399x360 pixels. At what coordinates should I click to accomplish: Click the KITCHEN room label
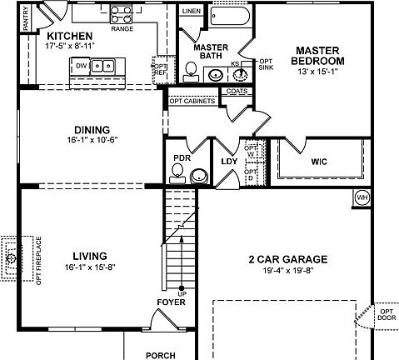click(70, 36)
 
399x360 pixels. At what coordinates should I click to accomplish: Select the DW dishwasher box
click(82, 65)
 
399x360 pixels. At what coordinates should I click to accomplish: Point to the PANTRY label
click(26, 18)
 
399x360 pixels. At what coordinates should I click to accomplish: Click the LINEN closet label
click(191, 11)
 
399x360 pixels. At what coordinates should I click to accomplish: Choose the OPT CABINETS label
click(193, 101)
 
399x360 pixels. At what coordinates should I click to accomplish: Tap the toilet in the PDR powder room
click(177, 172)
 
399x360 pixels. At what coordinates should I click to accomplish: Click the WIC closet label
click(320, 161)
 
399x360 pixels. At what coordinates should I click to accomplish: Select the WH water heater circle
click(362, 197)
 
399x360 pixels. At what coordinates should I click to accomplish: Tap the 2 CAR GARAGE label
click(287, 259)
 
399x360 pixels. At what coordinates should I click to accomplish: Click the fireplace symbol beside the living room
click(12, 258)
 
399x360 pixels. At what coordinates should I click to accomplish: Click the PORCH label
click(160, 354)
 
